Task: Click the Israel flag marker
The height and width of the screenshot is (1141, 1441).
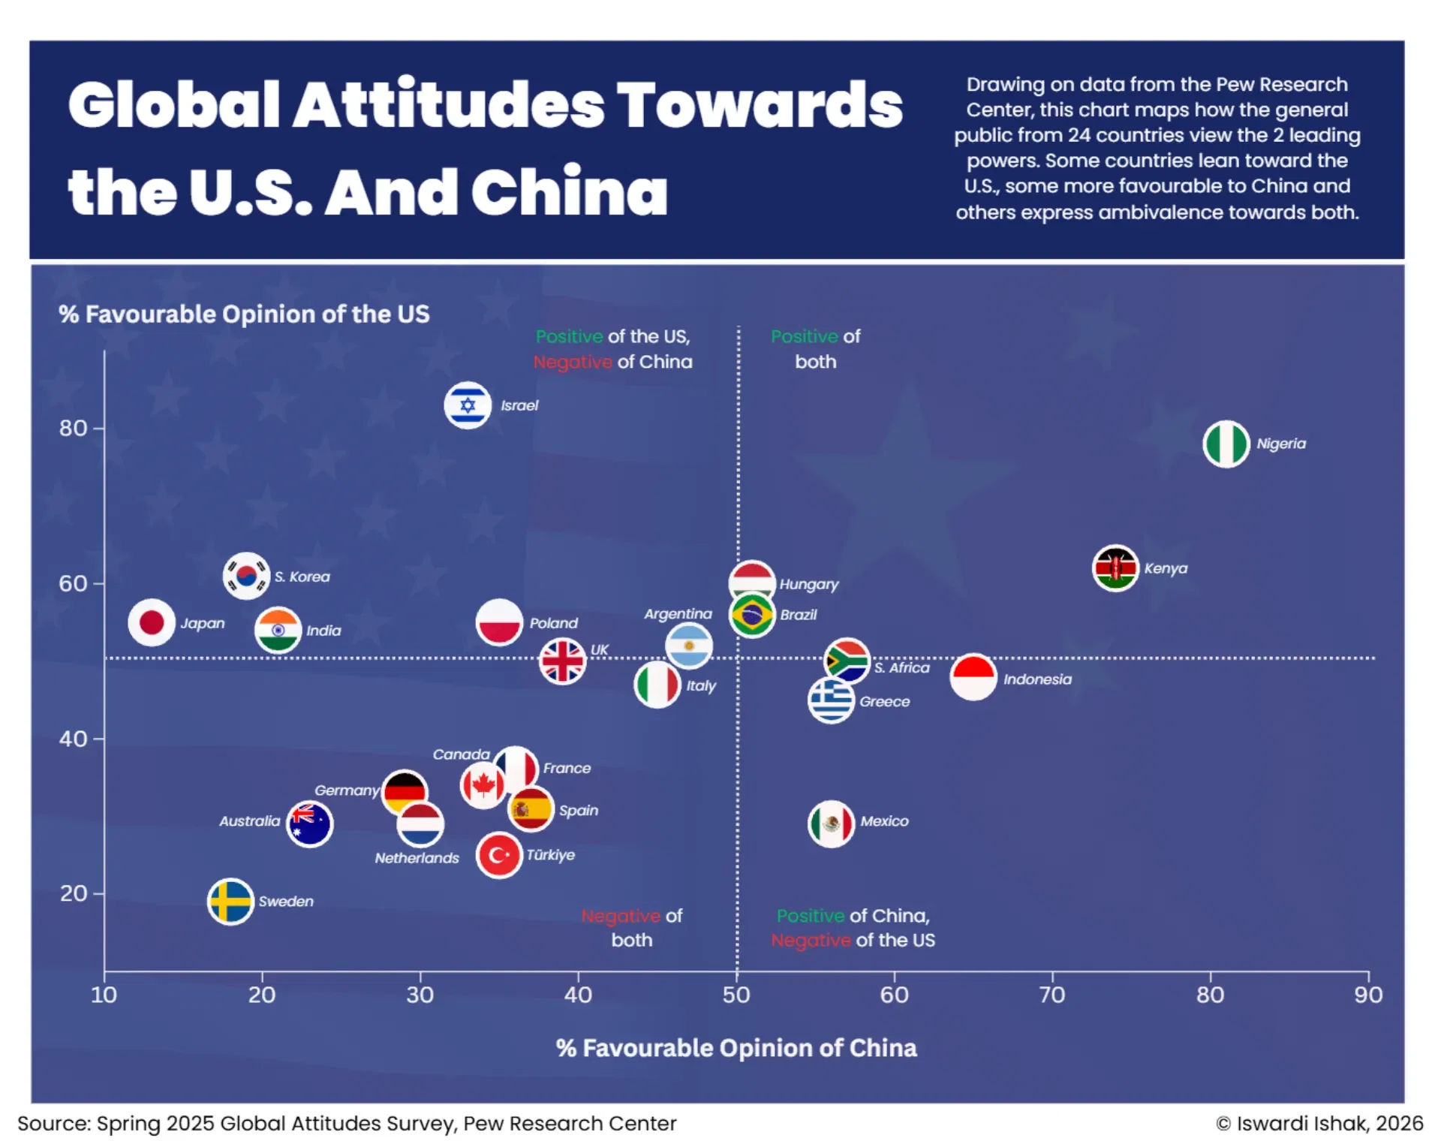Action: (468, 405)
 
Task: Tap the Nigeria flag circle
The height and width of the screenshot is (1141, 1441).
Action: (1226, 444)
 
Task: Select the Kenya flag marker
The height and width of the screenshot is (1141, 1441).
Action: (1115, 568)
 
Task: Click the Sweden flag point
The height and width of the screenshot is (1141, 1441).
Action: (230, 901)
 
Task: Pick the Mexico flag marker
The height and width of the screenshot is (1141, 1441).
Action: (831, 823)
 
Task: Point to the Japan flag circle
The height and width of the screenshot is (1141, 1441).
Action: (152, 622)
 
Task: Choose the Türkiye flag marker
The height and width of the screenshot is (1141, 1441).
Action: (499, 855)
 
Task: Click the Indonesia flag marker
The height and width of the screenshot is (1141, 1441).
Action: (973, 677)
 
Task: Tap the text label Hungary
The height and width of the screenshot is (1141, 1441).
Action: (808, 584)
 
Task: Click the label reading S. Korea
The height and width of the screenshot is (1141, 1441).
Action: (302, 577)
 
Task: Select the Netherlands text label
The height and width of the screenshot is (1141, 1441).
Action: (417, 858)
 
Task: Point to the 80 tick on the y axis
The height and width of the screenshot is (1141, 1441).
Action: (74, 428)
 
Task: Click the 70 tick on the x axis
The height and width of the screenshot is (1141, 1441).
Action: (1052, 995)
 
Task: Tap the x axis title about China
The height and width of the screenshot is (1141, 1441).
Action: (736, 1048)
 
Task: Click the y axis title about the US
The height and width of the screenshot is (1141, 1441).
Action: (244, 314)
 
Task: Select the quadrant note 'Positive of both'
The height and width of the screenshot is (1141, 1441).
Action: (815, 349)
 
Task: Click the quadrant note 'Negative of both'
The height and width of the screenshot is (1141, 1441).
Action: (632, 928)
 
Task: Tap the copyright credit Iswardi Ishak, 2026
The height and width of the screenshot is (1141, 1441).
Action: (1319, 1123)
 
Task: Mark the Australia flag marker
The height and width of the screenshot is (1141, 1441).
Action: (310, 823)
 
